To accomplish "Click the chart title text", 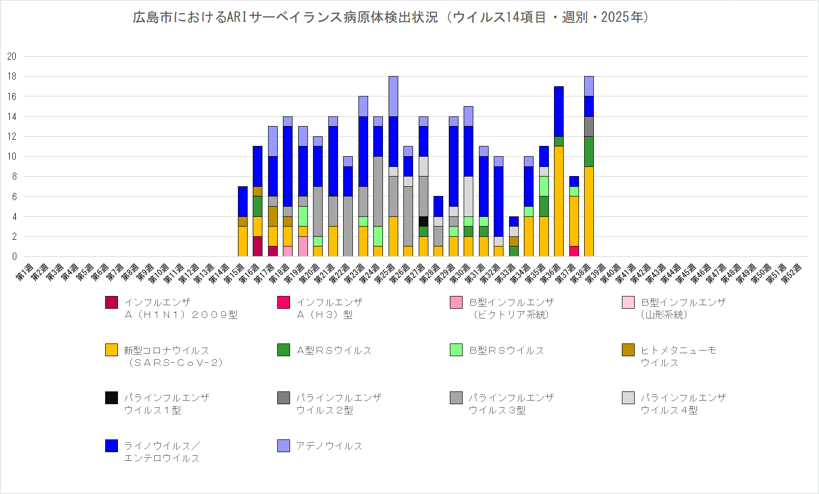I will tap(391, 17).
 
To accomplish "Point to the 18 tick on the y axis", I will tap(12, 77).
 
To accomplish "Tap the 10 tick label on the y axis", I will tap(12, 157).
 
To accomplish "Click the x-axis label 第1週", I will tap(25, 272).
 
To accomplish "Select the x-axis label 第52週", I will tap(792, 272).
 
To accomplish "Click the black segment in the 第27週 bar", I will tap(423, 221).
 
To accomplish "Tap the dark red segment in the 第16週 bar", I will tap(257, 246).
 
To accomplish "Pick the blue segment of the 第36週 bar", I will tap(559, 112).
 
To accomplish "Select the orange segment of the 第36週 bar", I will tap(559, 202).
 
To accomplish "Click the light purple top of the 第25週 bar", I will tap(393, 96).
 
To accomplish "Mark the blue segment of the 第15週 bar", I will tap(243, 202).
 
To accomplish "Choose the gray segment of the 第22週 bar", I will tap(348, 227).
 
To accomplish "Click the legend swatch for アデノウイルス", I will tap(283, 446).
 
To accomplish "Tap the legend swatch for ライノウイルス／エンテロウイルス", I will tap(111, 446).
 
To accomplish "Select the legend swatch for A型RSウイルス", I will tap(283, 350).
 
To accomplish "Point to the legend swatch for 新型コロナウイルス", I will tap(111, 350).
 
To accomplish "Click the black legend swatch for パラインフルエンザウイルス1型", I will tap(111, 398).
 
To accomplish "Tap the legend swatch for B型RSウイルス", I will tap(456, 350).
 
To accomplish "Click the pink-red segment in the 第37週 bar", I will tap(574, 252).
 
